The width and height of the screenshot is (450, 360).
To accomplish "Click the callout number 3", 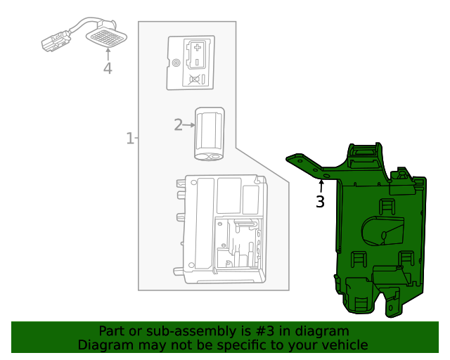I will coord(320,202).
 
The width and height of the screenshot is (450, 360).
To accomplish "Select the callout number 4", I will coord(108,68).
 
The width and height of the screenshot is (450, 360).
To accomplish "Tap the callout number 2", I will coord(178,125).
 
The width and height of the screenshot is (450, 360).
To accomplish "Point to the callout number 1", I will coord(129,139).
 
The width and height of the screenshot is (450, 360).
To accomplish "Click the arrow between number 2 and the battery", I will coord(188,125).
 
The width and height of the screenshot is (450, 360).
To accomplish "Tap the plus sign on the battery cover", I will coord(198,49).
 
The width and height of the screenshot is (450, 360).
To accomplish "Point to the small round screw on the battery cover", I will coord(176,63).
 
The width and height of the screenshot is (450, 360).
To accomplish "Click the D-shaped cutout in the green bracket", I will coord(384,230).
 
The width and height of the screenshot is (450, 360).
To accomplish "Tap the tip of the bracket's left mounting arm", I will coord(290,158).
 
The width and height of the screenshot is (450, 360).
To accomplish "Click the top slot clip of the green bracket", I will coord(364,150).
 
